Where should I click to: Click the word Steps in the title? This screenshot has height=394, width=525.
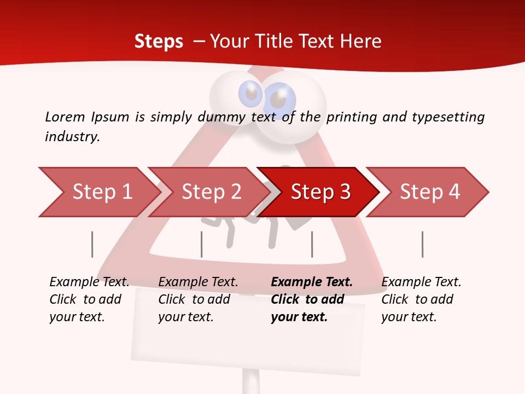pyautogui.click(x=159, y=42)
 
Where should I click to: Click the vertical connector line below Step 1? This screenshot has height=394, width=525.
pyautogui.click(x=92, y=244)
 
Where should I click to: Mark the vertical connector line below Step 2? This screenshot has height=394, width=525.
pyautogui.click(x=202, y=244)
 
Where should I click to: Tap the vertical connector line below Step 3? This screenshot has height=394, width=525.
pyautogui.click(x=312, y=244)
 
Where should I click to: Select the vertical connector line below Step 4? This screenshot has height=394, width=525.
pyautogui.click(x=422, y=244)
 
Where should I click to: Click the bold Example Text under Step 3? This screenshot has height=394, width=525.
pyautogui.click(x=312, y=282)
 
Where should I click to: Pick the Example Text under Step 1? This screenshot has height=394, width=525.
pyautogui.click(x=89, y=282)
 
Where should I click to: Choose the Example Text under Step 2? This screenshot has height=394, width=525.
pyautogui.click(x=198, y=282)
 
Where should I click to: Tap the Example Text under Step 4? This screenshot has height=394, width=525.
pyautogui.click(x=421, y=282)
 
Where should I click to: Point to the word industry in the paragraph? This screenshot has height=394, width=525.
pyautogui.click(x=72, y=137)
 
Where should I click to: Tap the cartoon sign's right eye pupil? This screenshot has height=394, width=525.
pyautogui.click(x=278, y=100)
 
